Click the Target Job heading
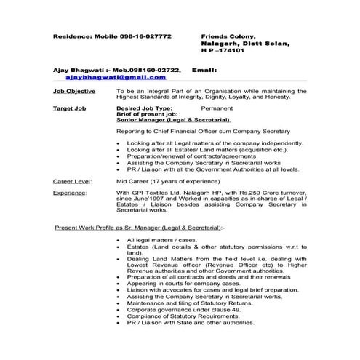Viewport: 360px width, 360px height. [x=71, y=107]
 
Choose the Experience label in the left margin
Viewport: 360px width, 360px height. [x=70, y=191]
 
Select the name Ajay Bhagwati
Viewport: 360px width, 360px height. [x=77, y=68]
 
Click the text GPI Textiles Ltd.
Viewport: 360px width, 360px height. [x=159, y=191]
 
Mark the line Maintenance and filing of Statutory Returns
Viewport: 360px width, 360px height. [x=191, y=303]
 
